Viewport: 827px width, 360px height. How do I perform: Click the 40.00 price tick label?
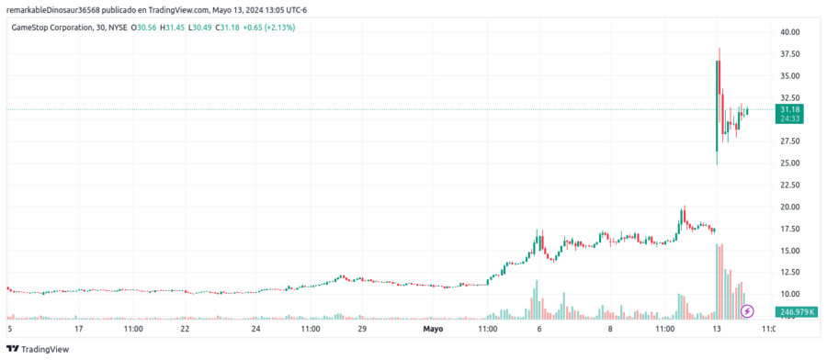pyautogui.click(x=789, y=32)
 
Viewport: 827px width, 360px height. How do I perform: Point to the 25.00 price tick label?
pyautogui.click(x=789, y=163)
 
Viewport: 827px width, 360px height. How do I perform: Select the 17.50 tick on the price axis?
pyautogui.click(x=789, y=229)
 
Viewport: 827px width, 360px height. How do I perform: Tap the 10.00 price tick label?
pyautogui.click(x=789, y=295)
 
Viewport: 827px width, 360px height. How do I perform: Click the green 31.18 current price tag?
pyautogui.click(x=789, y=109)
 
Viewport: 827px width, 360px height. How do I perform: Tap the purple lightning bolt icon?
pyautogui.click(x=747, y=311)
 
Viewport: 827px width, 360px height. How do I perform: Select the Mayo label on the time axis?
pyautogui.click(x=433, y=328)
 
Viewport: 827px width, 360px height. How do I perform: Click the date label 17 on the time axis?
pyautogui.click(x=79, y=328)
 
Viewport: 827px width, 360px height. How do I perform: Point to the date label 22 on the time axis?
pyautogui.click(x=185, y=328)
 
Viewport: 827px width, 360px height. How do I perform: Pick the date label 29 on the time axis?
pyautogui.click(x=362, y=328)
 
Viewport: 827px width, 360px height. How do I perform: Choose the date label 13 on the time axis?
pyautogui.click(x=718, y=328)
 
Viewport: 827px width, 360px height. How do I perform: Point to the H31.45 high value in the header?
pyautogui.click(x=172, y=28)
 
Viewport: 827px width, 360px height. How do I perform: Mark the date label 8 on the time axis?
pyautogui.click(x=610, y=328)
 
